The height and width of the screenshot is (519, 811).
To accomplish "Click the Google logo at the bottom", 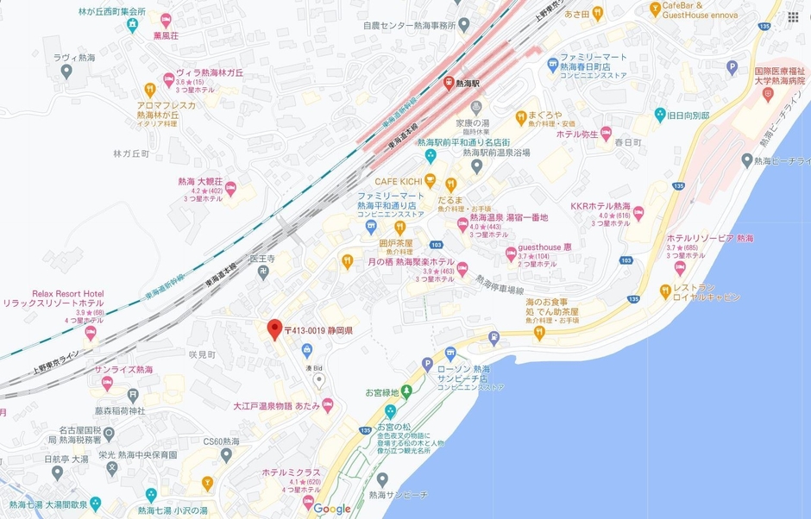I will pyautogui.click(x=331, y=509).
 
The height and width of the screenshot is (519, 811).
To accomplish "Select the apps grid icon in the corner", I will pyautogui.click(x=792, y=17).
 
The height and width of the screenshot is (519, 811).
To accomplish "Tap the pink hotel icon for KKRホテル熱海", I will pyautogui.click(x=638, y=213).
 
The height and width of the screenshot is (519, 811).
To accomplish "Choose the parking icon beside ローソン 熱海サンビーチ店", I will pyautogui.click(x=427, y=366).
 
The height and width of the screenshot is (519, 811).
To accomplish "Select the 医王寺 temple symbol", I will pyautogui.click(x=264, y=272).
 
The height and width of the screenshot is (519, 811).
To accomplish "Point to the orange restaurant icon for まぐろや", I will pyautogui.click(x=521, y=116).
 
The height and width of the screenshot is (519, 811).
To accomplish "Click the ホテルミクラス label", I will pyautogui.click(x=291, y=472).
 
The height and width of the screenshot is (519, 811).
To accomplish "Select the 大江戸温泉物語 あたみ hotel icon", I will pyautogui.click(x=327, y=405).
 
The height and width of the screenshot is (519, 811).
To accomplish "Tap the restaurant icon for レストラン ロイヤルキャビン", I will pyautogui.click(x=665, y=291).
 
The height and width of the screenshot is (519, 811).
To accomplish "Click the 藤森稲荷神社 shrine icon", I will pyautogui.click(x=133, y=395).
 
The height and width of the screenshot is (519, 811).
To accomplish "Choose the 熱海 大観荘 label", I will pyautogui.click(x=200, y=182).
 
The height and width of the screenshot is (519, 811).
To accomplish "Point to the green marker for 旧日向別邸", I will pyautogui.click(x=660, y=115).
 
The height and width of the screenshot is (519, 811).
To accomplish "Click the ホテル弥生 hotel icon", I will pyautogui.click(x=606, y=134).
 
